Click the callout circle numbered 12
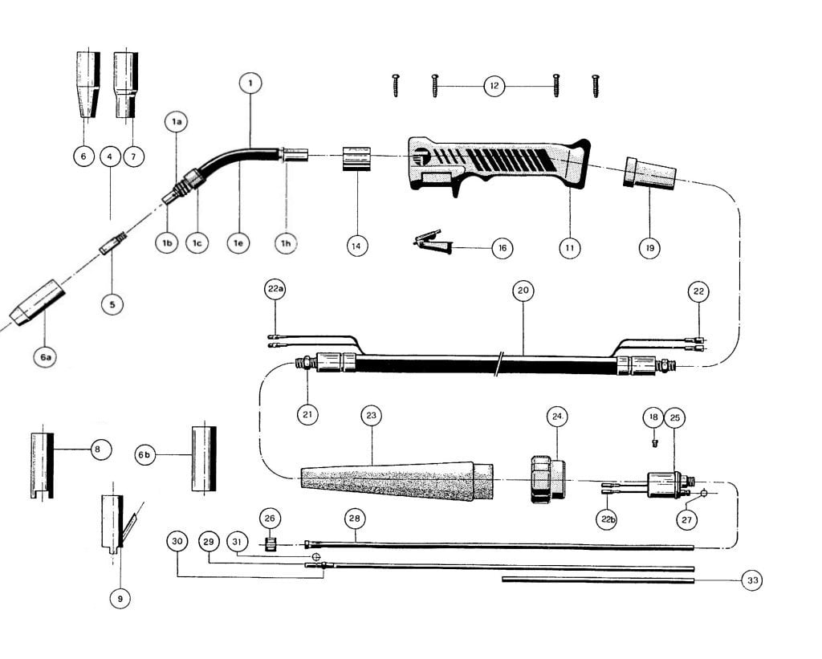[x=495, y=85]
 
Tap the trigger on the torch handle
[x=456, y=188]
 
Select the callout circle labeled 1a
[x=177, y=122]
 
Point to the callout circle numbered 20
[x=523, y=291]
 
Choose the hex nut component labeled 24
[x=546, y=478]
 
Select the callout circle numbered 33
[x=751, y=580]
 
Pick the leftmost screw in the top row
[x=396, y=84]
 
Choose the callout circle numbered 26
[x=269, y=519]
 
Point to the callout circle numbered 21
[x=307, y=414]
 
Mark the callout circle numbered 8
[x=97, y=450]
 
